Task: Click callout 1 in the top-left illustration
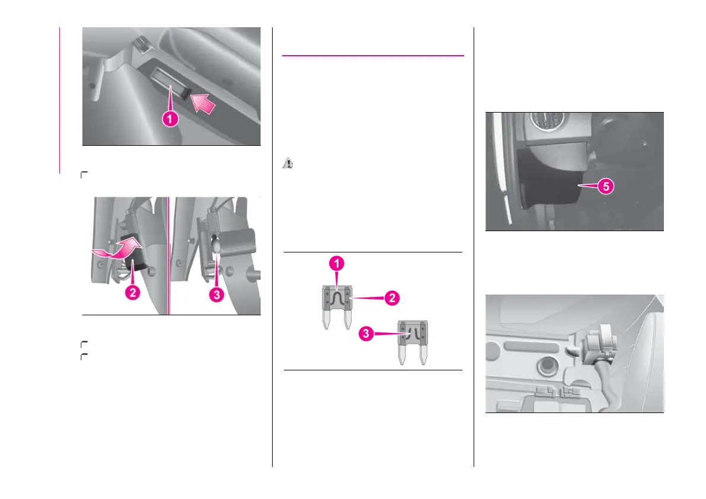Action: pyautogui.click(x=170, y=119)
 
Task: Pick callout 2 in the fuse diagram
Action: pyautogui.click(x=390, y=299)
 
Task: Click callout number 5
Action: pyautogui.click(x=604, y=185)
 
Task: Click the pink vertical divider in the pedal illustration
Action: pyautogui.click(x=170, y=255)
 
